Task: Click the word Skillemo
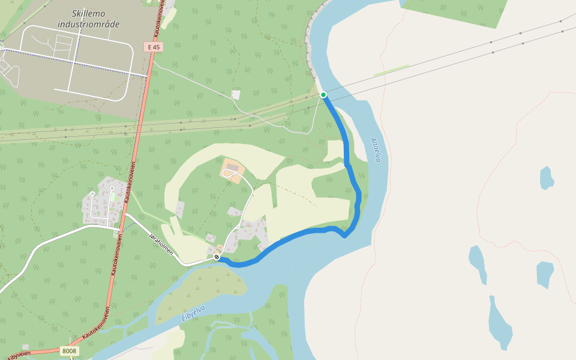click(88, 13)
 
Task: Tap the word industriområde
click(89, 25)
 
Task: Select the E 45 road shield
click(154, 47)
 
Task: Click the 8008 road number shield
click(69, 350)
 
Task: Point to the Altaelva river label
click(376, 150)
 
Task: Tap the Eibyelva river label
click(193, 313)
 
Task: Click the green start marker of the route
click(323, 95)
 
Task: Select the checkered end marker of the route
click(217, 257)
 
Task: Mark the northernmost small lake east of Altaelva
click(546, 178)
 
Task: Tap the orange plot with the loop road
click(232, 170)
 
